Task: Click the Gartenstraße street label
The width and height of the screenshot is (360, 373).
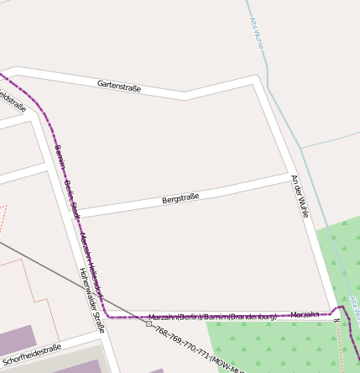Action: [x=119, y=86]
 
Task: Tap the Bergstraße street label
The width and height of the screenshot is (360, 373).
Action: [x=180, y=199]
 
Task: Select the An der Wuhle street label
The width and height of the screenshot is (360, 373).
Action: [x=300, y=196]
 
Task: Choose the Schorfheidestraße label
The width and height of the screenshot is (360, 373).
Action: [x=33, y=355]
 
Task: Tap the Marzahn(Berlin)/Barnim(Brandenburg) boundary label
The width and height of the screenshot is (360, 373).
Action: [x=212, y=317]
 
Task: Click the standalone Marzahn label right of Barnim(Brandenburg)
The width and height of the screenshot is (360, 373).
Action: [x=305, y=314]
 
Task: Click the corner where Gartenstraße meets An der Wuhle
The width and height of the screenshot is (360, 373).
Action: [x=255, y=80]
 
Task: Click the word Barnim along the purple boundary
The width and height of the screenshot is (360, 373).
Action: [x=60, y=155]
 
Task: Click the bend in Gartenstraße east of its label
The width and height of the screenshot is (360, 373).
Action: [x=185, y=95]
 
